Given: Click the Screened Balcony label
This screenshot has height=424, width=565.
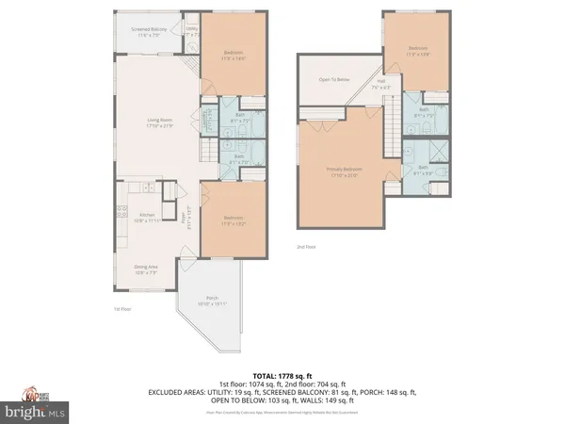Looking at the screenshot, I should coord(148,31).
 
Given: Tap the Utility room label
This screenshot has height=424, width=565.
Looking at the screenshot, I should coord(191,31).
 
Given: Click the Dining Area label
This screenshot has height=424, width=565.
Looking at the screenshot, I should coord(145,270).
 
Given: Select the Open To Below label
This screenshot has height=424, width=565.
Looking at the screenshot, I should coord(333,80).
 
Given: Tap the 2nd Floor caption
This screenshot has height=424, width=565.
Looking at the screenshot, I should coord(304,247).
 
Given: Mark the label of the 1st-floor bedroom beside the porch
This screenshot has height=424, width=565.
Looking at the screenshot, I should coord(233,222).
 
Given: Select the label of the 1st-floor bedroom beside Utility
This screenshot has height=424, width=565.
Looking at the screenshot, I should coord(233,54).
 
